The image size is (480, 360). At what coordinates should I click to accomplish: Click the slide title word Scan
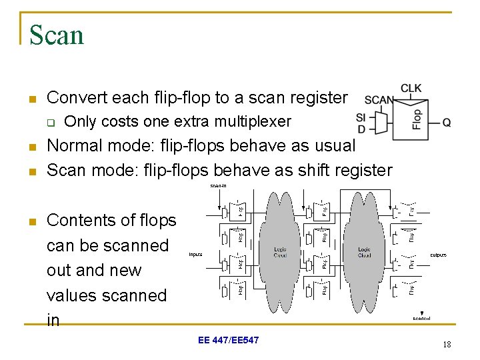click(57, 35)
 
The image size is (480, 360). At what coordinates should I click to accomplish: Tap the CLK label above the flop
click(411, 89)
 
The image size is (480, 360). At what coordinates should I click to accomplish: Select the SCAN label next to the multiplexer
click(379, 101)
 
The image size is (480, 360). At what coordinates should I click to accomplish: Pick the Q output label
click(447, 122)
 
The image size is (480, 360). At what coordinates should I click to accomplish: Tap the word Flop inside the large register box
click(417, 119)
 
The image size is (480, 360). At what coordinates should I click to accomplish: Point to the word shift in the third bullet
click(298, 170)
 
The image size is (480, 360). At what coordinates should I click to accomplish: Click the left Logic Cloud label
click(280, 252)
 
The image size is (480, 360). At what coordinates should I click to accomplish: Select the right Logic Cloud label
click(364, 252)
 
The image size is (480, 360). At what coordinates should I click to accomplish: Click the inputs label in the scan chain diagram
click(195, 254)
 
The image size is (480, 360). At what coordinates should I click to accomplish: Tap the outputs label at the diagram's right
click(438, 255)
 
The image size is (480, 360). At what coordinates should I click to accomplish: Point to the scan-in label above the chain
click(219, 185)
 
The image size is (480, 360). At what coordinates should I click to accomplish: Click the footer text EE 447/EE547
click(229, 341)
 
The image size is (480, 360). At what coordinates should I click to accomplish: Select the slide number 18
click(446, 345)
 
